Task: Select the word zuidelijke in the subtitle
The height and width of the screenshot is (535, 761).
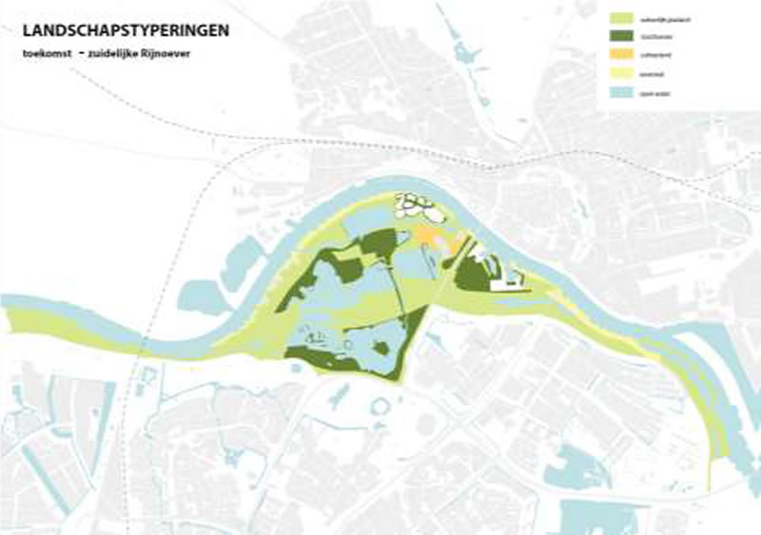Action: point(131,55)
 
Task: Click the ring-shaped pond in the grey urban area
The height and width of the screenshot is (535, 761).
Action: point(380,409)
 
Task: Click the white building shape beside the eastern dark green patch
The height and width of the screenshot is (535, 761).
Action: point(504,276)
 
